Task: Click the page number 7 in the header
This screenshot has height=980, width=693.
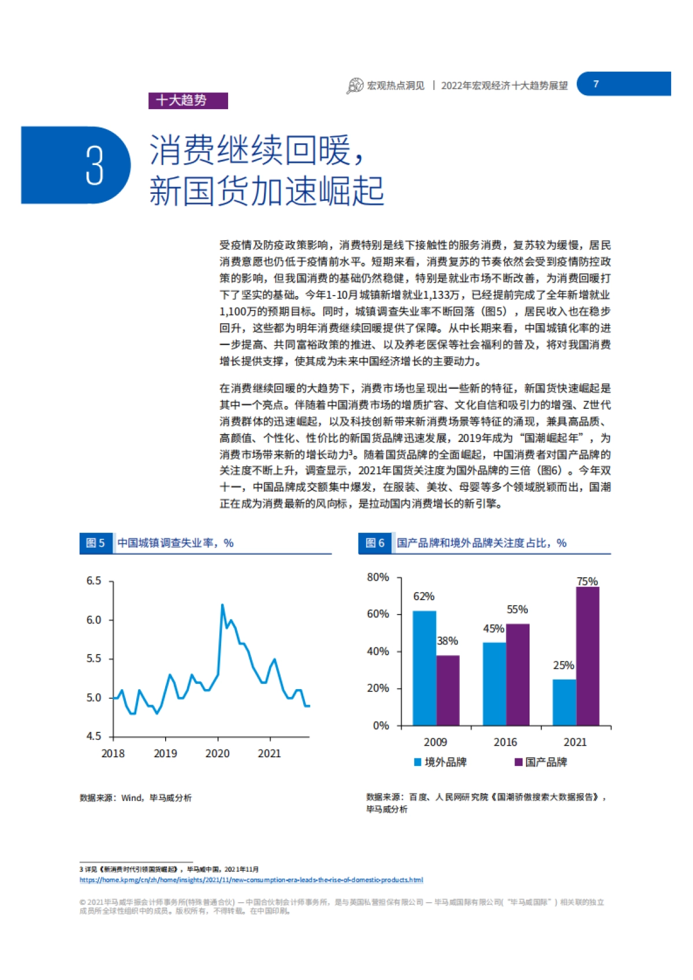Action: tap(596, 84)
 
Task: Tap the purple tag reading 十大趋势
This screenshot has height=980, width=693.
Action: tap(188, 100)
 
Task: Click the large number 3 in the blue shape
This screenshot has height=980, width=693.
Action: tap(95, 166)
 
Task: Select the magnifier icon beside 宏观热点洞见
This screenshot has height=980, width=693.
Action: tap(354, 86)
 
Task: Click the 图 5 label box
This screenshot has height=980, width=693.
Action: tap(95, 543)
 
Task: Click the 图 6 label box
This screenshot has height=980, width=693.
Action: tap(375, 543)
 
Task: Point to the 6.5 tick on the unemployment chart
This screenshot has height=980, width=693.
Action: tap(94, 581)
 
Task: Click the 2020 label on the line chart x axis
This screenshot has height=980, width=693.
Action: tap(217, 753)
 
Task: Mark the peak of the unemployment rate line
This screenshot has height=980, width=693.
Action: tap(222, 605)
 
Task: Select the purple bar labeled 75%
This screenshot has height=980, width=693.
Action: tap(587, 656)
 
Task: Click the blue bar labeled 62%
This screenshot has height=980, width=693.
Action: tap(424, 668)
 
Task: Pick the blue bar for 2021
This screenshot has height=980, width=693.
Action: tap(564, 702)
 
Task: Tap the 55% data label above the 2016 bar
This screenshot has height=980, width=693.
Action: tap(517, 609)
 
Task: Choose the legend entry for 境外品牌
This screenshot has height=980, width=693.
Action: tap(441, 762)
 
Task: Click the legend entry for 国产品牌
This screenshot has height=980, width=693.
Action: tap(541, 762)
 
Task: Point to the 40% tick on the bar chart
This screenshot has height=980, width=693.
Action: tap(378, 652)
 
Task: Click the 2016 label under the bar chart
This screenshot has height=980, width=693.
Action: tap(505, 742)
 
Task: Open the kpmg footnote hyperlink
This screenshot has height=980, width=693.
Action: tap(251, 880)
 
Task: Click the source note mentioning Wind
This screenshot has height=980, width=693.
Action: tap(136, 798)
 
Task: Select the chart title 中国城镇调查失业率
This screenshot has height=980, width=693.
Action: tap(175, 543)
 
